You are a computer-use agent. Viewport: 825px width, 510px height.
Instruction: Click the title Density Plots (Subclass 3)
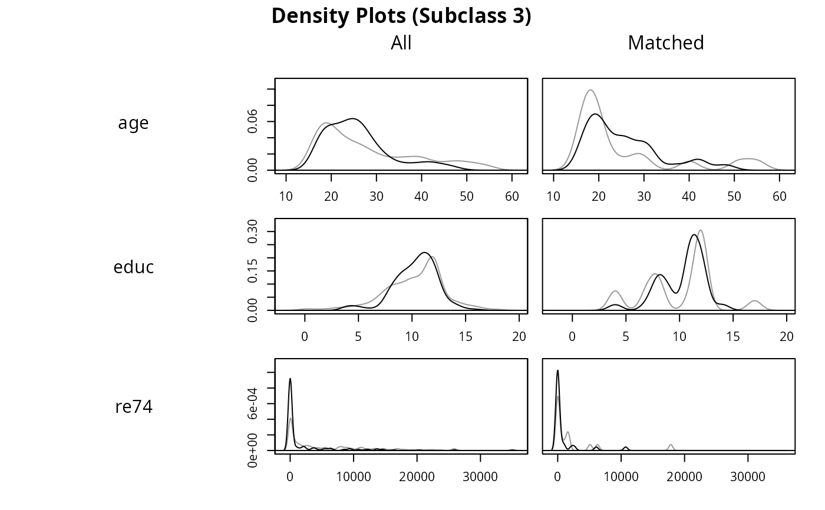coord(401,16)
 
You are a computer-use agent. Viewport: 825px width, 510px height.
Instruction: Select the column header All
coord(401,43)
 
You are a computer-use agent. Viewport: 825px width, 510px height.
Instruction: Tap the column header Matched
coord(666,43)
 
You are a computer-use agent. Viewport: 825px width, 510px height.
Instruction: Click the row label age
coord(134,123)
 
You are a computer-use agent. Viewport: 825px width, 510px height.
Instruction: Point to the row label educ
coord(134,267)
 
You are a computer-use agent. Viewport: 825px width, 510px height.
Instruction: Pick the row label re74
coord(134,407)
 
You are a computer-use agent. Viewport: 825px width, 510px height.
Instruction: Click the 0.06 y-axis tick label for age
coord(253,121)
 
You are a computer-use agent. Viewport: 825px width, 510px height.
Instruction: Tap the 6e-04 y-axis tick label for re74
coord(253,403)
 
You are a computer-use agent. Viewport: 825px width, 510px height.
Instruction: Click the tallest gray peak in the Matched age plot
coord(590,90)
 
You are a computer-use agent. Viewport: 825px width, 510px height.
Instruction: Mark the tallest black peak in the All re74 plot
coord(290,379)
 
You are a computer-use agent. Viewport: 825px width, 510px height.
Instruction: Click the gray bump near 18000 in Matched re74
coord(671,445)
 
